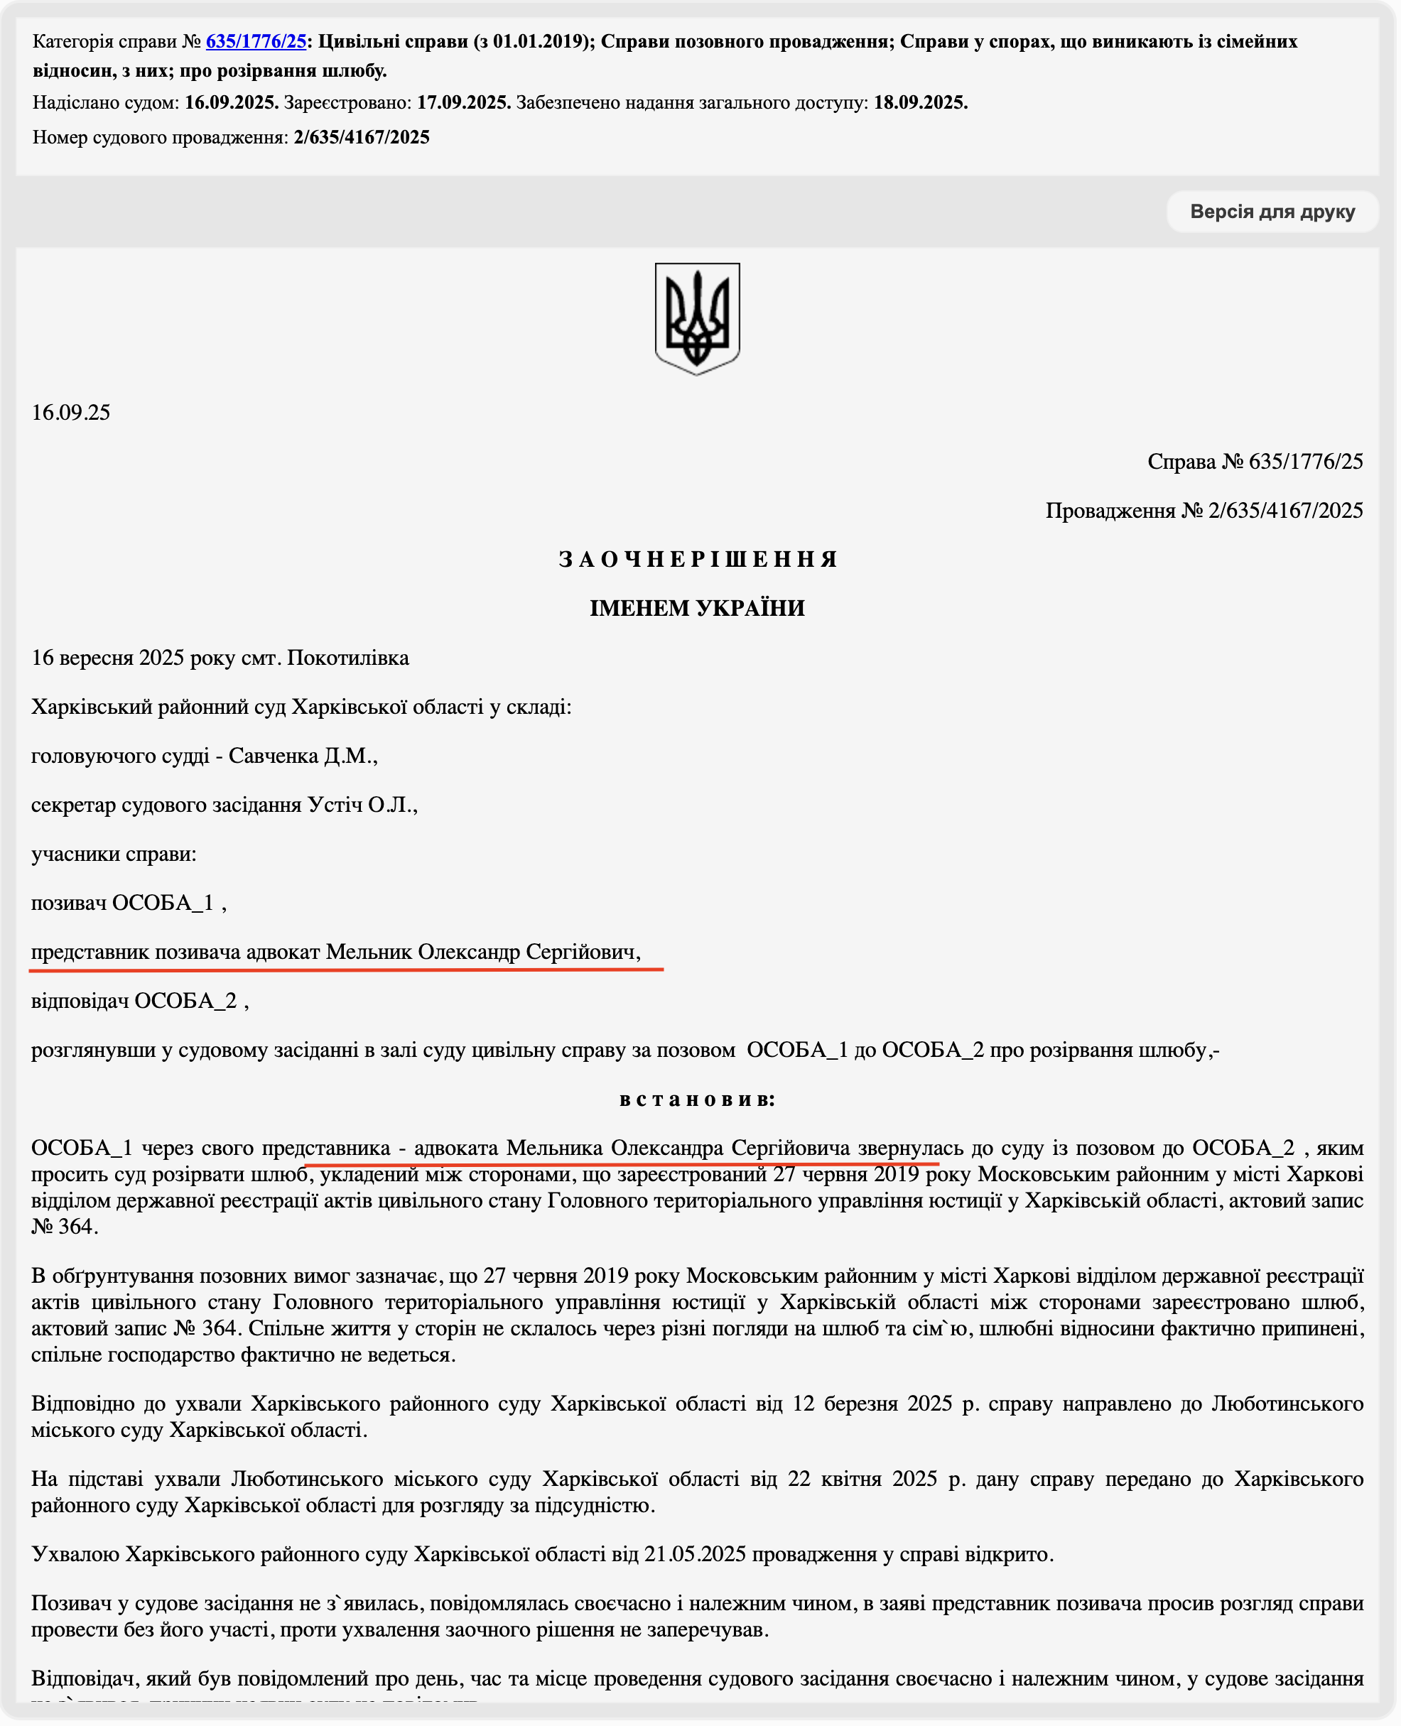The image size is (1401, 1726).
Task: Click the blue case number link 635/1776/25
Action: point(256,41)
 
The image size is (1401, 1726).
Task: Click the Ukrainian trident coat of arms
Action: point(697,318)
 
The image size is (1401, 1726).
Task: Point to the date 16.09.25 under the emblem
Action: point(71,413)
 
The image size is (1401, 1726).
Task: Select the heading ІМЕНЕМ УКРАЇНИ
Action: point(697,609)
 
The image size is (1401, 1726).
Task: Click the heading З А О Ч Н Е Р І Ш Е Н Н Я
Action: point(697,559)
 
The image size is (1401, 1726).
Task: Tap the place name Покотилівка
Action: point(348,658)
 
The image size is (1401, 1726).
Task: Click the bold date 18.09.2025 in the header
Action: point(921,103)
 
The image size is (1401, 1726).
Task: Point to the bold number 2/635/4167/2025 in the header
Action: point(362,138)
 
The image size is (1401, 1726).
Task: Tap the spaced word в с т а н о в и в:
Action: point(697,1100)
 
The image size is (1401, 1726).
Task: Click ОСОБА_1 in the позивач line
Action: point(162,903)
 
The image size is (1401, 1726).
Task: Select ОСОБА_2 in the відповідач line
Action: point(185,1002)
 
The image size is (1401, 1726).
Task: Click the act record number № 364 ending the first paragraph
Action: point(64,1227)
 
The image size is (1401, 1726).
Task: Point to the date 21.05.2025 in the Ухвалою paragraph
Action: point(695,1555)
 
